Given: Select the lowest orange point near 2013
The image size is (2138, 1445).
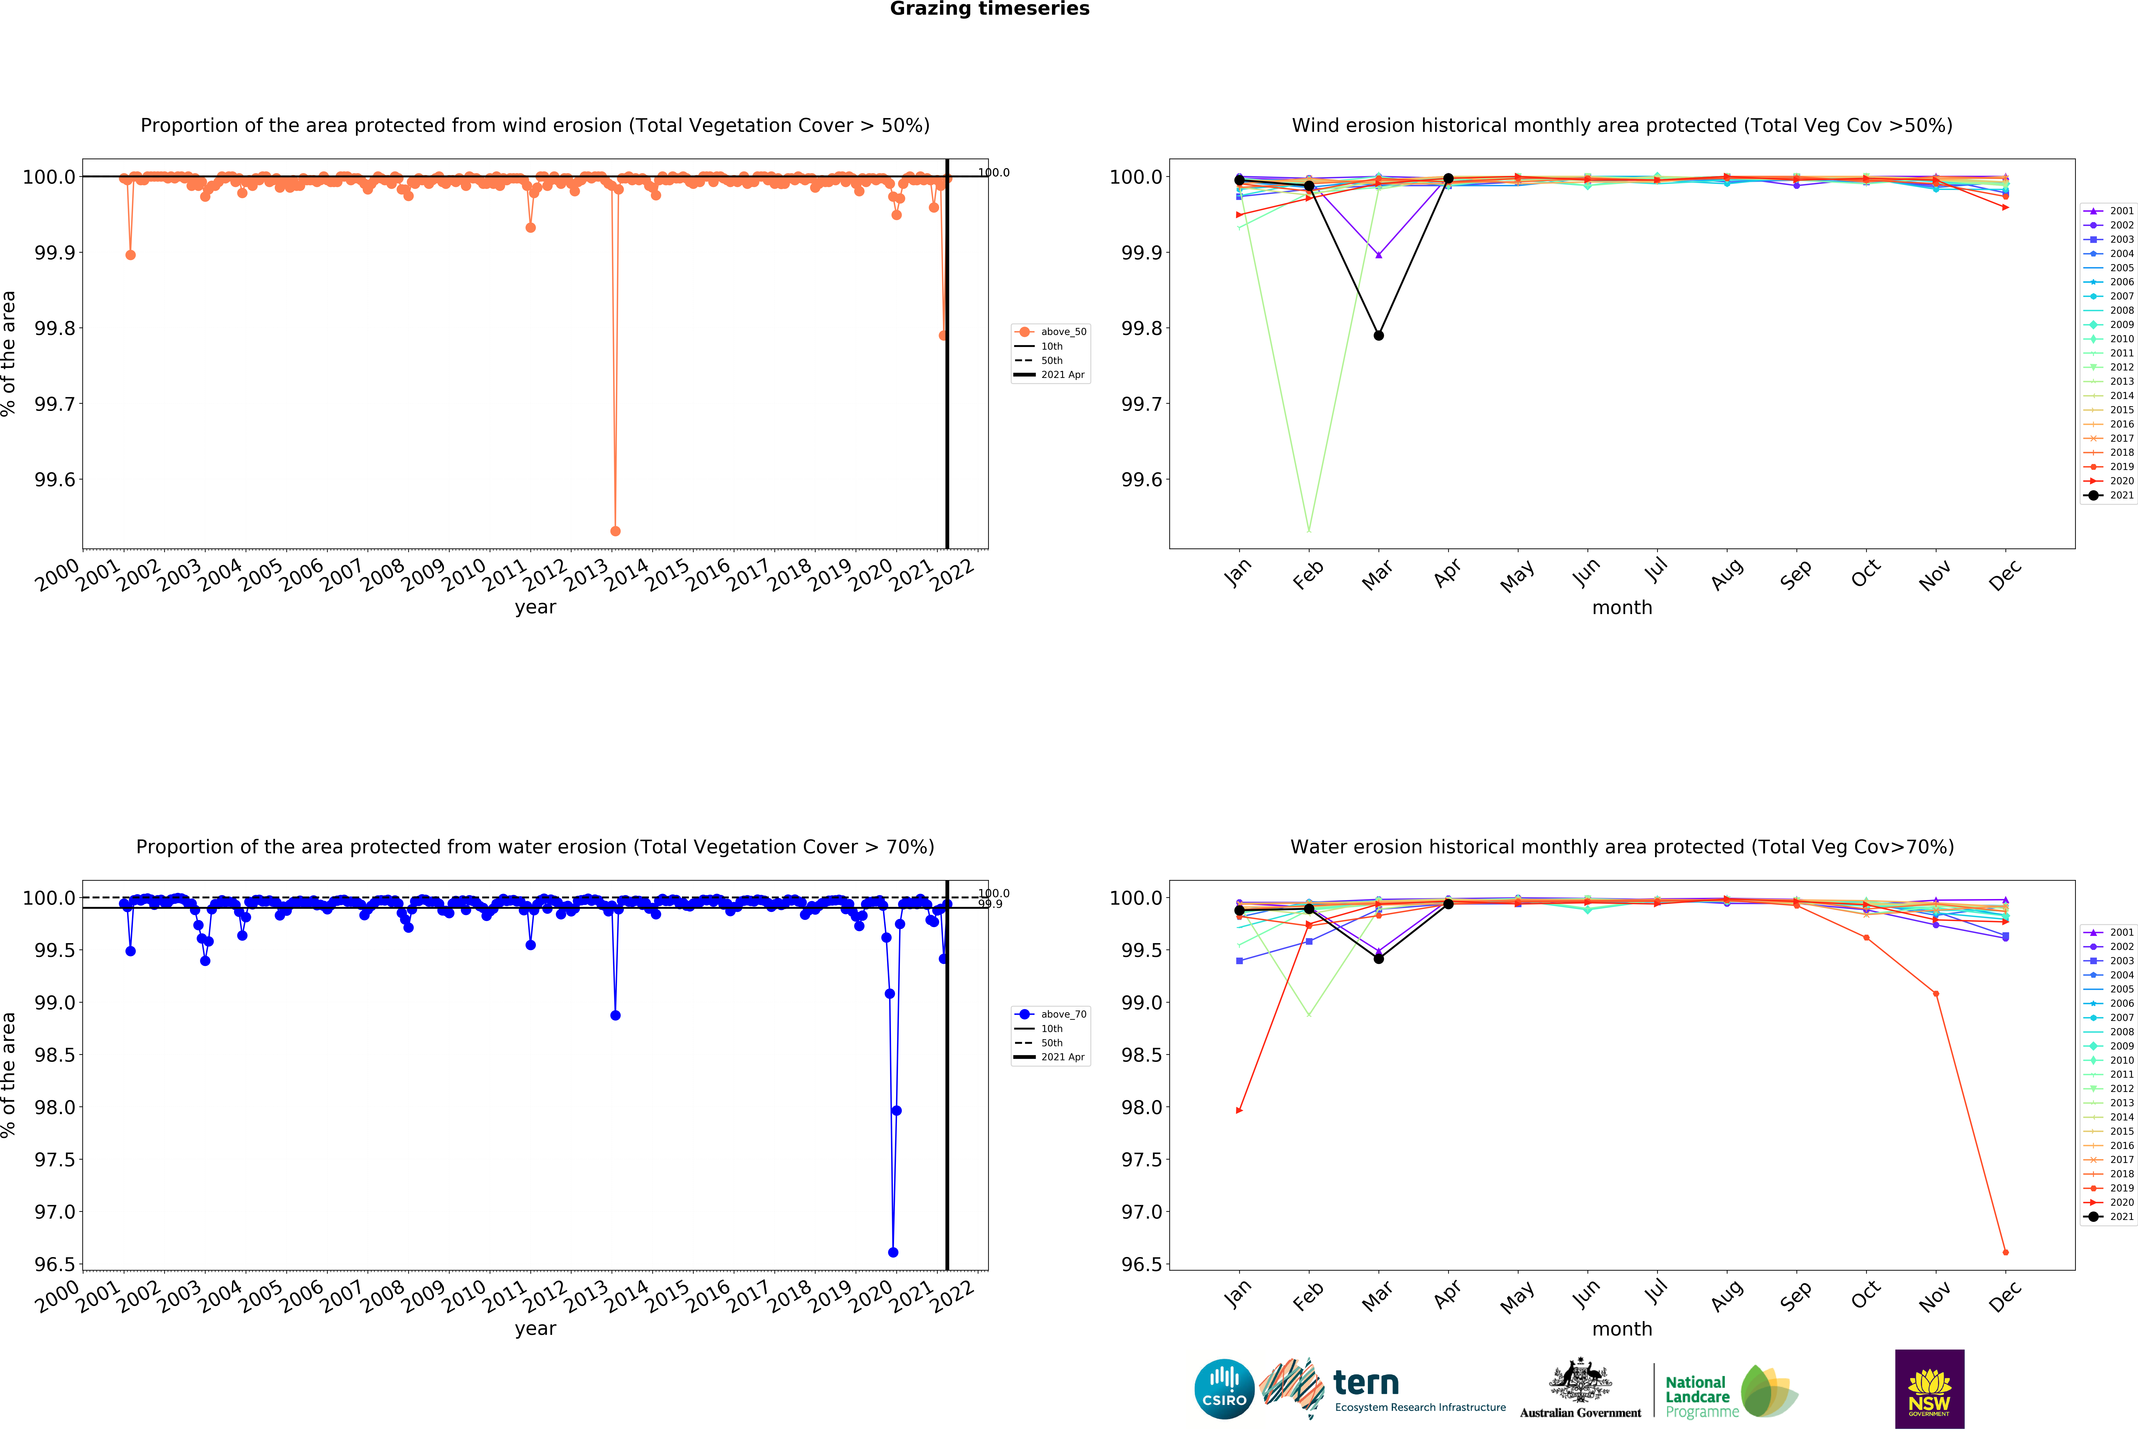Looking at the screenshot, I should pos(615,531).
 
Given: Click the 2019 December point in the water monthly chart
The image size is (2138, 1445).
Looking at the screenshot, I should pos(2005,1252).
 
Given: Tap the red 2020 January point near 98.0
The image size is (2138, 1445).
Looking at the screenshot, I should pos(1239,1110).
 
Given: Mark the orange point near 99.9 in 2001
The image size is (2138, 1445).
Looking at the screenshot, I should pos(131,255).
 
